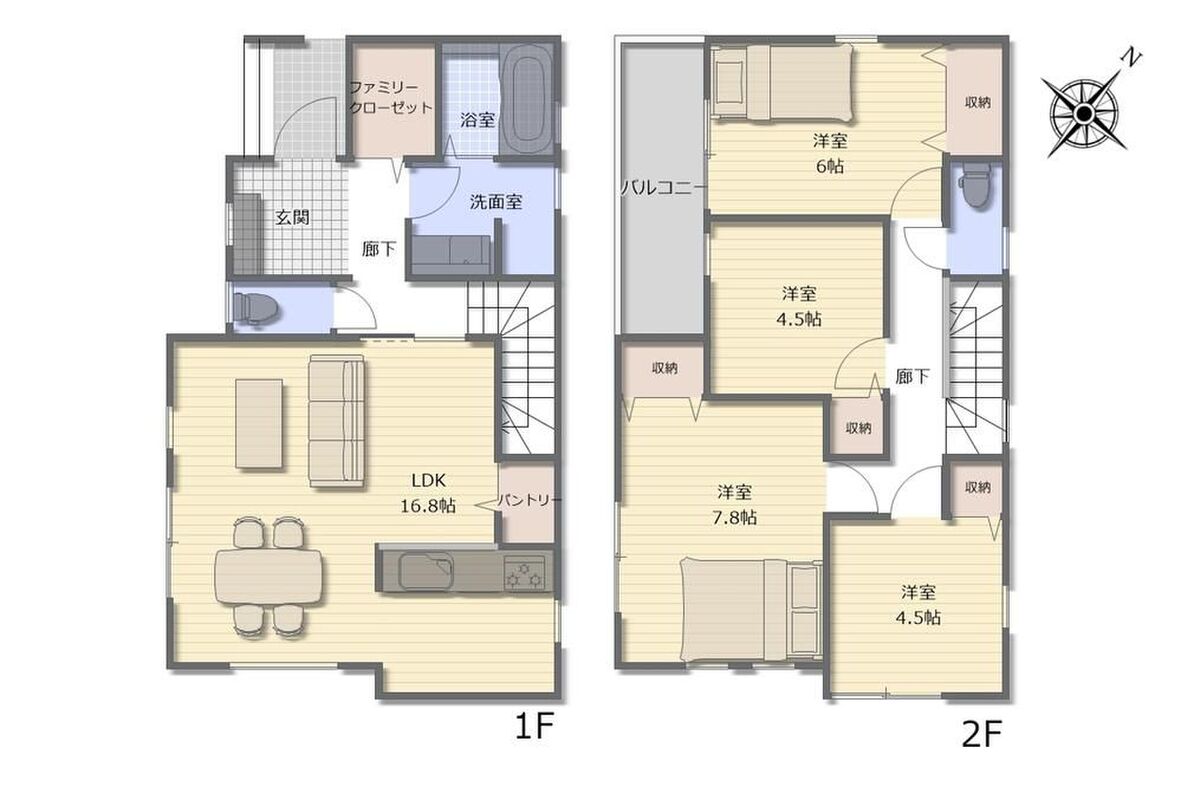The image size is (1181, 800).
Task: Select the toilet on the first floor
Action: click(256, 308)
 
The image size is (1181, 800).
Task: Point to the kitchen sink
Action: click(426, 571)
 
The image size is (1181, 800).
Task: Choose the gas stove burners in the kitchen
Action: click(526, 572)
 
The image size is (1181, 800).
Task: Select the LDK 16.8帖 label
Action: click(428, 493)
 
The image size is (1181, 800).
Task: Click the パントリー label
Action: click(529, 500)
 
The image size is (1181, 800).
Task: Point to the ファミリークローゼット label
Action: click(390, 98)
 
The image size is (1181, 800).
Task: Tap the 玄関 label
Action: click(292, 218)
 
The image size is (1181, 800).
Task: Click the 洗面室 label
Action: click(496, 202)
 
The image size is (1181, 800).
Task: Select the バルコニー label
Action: click(661, 188)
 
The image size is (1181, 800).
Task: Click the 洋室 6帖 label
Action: click(829, 153)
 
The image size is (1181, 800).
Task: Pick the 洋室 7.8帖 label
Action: click(734, 505)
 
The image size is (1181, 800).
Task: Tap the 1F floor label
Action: click(534, 727)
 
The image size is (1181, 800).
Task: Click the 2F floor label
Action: click(981, 734)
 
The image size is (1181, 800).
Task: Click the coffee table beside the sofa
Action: click(260, 424)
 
